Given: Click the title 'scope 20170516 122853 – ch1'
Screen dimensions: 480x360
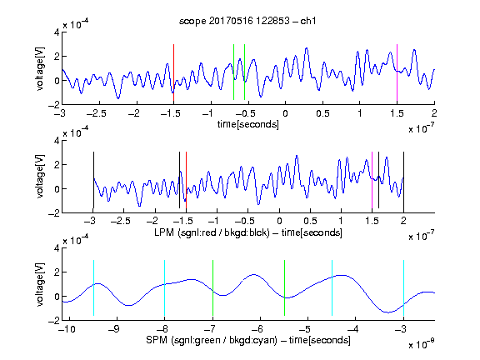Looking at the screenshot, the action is click(247, 21).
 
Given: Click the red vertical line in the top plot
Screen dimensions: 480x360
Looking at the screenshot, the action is click(173, 72).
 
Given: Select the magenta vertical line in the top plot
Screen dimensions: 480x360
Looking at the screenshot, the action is click(397, 72).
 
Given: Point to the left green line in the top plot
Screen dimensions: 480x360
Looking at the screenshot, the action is click(233, 72).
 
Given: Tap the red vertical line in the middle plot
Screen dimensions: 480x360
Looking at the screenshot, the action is click(186, 180).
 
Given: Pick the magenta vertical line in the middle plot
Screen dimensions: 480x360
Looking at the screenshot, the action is click(372, 180).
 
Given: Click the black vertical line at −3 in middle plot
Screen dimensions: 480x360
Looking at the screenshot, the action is click(93, 180).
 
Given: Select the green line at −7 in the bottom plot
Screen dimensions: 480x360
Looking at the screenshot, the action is click(212, 287).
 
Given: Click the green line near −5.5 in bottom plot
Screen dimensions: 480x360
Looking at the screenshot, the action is click(284, 287).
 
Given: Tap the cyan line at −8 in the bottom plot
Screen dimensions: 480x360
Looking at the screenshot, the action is click(164, 287).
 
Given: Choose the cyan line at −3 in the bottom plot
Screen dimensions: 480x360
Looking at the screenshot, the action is click(403, 287).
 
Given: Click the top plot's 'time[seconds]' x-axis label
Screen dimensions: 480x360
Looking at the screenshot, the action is click(248, 124).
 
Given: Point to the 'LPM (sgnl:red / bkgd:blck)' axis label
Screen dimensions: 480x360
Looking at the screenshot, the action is click(212, 232).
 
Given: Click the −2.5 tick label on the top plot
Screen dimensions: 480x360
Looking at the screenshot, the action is click(97, 113).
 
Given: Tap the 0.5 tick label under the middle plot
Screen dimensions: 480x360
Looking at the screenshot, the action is click(310, 221).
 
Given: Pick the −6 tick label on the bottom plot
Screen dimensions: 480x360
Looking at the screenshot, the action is click(257, 329).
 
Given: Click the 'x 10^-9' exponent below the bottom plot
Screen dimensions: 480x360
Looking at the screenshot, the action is click(421, 344).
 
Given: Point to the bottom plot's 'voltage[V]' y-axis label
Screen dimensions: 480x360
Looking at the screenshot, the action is click(40, 284).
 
